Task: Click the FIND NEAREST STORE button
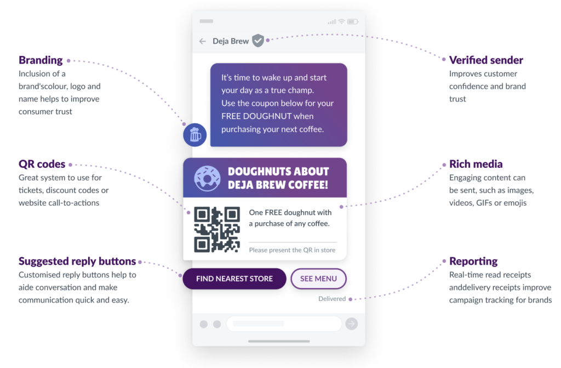tap(234, 279)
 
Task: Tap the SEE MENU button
tap(318, 279)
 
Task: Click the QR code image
tap(217, 229)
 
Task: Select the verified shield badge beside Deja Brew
tap(257, 41)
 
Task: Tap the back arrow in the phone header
tap(203, 41)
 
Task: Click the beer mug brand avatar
tap(195, 135)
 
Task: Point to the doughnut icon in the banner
tap(207, 178)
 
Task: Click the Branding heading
tap(41, 60)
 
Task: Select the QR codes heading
tap(42, 164)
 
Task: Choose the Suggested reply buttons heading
tap(77, 261)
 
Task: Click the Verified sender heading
tap(486, 60)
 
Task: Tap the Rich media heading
tap(476, 164)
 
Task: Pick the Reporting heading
tap(473, 261)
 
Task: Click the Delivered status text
tap(332, 299)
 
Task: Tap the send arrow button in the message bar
tap(352, 324)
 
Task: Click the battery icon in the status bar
tap(353, 22)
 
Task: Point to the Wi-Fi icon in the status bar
tap(342, 21)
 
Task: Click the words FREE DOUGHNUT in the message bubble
tap(256, 116)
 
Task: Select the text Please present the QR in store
tap(293, 250)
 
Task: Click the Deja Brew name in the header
tap(231, 41)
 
